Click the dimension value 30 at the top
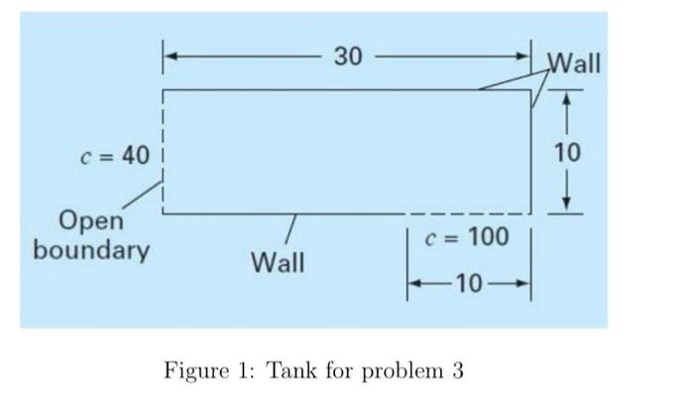click(347, 57)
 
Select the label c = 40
click(114, 156)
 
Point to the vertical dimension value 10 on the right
click(568, 152)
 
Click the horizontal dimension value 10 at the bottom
click(470, 286)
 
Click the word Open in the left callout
click(91, 219)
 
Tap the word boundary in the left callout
click(91, 248)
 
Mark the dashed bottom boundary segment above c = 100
click(466, 213)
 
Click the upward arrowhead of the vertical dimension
click(566, 97)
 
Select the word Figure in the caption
click(194, 372)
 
